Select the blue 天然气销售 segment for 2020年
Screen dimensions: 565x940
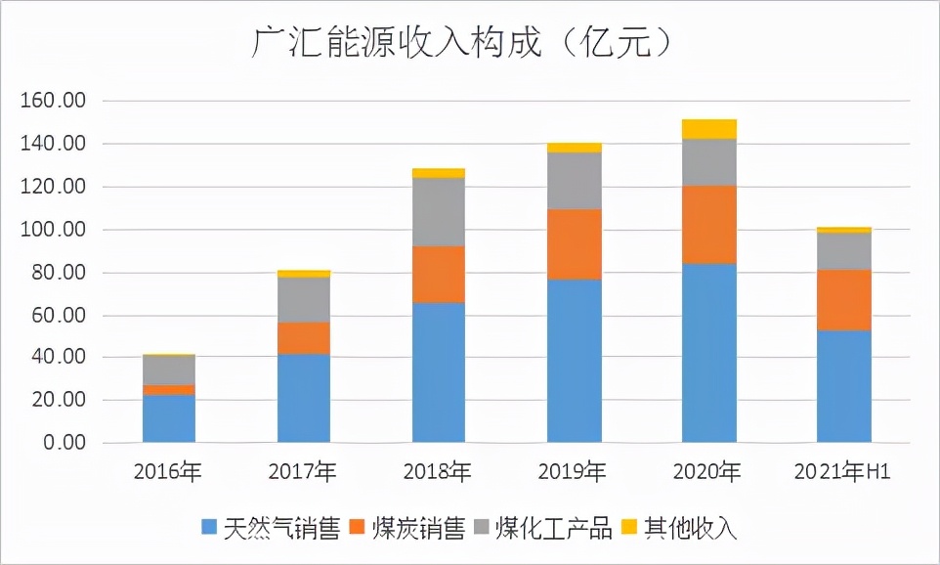[x=709, y=353]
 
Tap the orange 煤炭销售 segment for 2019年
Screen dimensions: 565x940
[x=575, y=244]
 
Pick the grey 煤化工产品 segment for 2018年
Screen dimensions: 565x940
[x=439, y=212]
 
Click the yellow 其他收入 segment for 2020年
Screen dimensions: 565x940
[x=709, y=129]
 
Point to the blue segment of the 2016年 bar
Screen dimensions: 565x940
[x=169, y=418]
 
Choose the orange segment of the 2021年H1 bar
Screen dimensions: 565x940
[x=844, y=300]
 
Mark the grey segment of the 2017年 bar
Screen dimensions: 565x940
[x=304, y=300]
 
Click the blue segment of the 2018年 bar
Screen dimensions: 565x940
[x=439, y=372]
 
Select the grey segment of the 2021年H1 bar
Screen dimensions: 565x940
[x=844, y=251]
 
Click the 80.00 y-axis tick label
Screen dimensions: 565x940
[x=58, y=273]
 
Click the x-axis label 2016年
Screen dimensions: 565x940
[x=168, y=472]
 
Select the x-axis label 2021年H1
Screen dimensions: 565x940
[x=843, y=472]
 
